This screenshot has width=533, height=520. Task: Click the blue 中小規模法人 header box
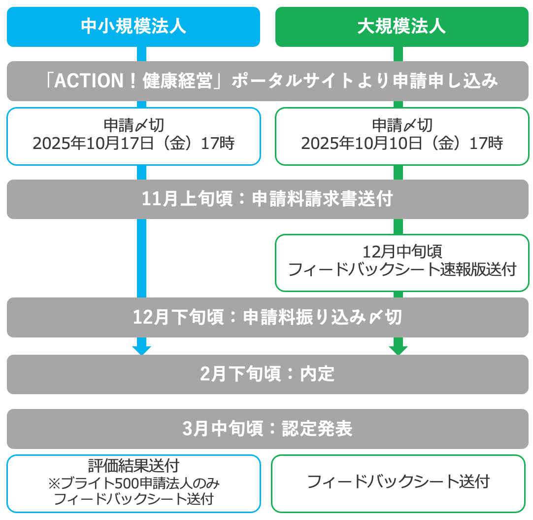click(x=133, y=27)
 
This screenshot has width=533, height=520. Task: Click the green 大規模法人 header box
click(x=402, y=27)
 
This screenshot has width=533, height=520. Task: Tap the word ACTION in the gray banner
click(x=89, y=81)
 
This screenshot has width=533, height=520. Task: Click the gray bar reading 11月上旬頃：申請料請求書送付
click(x=267, y=199)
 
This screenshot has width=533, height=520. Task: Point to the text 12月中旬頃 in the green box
click(x=402, y=252)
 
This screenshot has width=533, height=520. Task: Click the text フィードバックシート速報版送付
click(x=402, y=269)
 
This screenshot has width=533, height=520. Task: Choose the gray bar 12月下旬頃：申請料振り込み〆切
click(x=267, y=317)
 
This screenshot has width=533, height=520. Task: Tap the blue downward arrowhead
click(x=141, y=350)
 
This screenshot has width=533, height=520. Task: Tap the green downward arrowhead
click(x=398, y=350)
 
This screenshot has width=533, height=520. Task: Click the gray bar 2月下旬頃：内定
click(x=267, y=374)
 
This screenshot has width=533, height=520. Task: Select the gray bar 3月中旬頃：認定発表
click(x=267, y=429)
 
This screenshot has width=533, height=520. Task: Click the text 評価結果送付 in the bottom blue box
click(x=133, y=466)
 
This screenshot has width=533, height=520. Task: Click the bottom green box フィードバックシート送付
click(x=399, y=483)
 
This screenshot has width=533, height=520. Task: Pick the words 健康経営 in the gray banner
click(x=177, y=81)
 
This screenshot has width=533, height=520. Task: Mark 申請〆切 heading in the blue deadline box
click(x=133, y=125)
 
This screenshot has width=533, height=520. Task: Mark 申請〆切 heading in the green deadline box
click(x=402, y=125)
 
